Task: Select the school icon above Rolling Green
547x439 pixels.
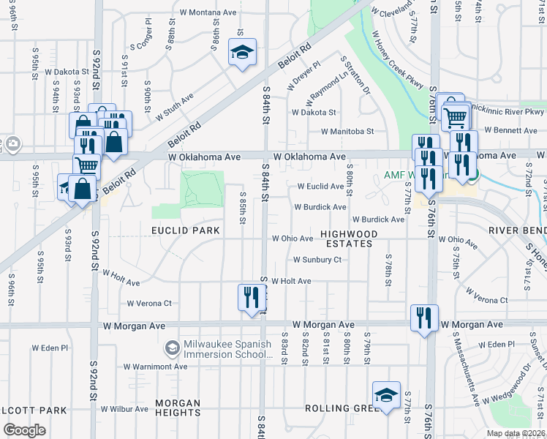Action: point(386,396)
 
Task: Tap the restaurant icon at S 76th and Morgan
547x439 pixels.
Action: point(424,318)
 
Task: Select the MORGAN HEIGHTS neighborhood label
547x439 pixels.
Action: point(179,408)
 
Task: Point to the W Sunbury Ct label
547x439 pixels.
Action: point(317,260)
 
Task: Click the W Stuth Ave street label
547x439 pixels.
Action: point(173,107)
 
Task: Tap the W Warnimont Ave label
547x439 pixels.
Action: point(155,367)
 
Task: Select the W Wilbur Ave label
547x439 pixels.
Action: point(124,409)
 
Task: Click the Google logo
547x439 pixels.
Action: point(24,429)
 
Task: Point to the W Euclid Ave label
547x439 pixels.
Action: point(320,187)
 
